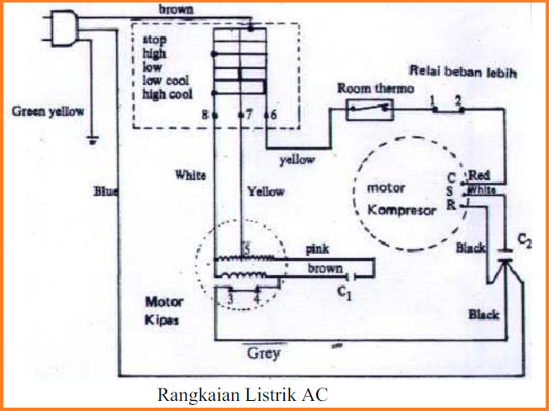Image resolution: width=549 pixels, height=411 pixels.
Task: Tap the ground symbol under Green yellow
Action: point(92,140)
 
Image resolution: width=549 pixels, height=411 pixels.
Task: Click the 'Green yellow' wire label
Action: point(47,111)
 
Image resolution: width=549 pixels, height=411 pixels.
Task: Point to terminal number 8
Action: point(205,113)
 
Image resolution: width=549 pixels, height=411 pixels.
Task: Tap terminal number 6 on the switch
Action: point(272,113)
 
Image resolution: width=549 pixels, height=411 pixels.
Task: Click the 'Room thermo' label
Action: point(368,88)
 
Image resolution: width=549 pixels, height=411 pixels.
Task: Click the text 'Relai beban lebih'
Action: point(464,72)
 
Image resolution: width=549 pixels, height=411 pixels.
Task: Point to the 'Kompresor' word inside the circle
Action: point(403,210)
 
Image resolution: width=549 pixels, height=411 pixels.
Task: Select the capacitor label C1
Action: point(343,293)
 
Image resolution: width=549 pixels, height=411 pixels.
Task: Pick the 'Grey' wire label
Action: point(263,353)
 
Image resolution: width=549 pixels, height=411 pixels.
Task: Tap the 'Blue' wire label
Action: point(106,192)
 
